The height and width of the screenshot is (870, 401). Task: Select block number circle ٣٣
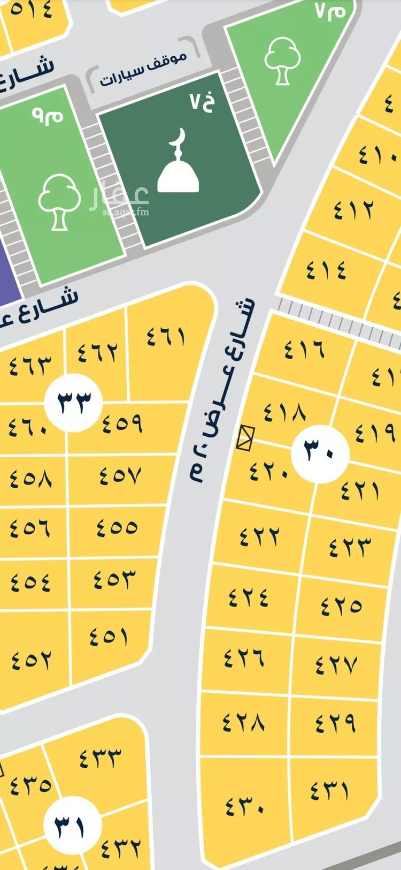[x=74, y=403]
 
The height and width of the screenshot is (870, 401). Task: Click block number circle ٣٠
[x=320, y=453]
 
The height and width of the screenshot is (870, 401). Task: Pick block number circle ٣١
[x=72, y=825]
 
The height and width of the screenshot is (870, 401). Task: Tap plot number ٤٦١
[x=166, y=337]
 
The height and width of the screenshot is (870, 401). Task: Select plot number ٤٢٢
[x=259, y=535]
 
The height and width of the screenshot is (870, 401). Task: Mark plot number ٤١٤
[x=327, y=269]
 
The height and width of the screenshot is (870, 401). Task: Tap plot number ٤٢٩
[x=335, y=722]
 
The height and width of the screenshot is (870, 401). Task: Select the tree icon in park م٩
[x=59, y=201]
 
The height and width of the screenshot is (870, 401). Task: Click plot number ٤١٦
[x=304, y=349]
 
